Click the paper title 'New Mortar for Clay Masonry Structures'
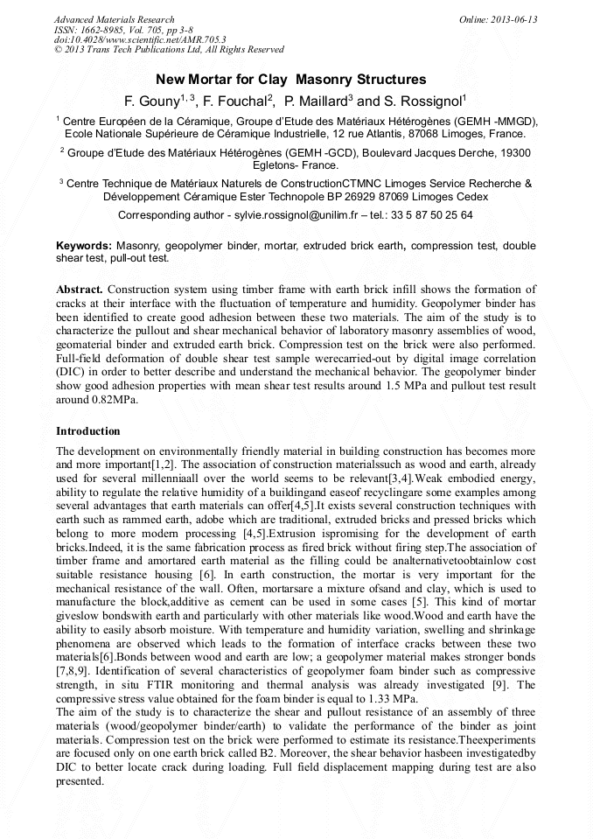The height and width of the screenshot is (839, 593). pyautogui.click(x=296, y=80)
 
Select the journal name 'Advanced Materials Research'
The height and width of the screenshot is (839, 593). pyautogui.click(x=115, y=19)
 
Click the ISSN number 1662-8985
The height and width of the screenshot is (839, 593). pyautogui.click(x=108, y=30)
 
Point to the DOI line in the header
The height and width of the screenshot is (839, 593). pyautogui.click(x=140, y=39)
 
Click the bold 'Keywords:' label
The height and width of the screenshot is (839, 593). pyautogui.click(x=84, y=248)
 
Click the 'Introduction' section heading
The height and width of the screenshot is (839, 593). pyautogui.click(x=88, y=431)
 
